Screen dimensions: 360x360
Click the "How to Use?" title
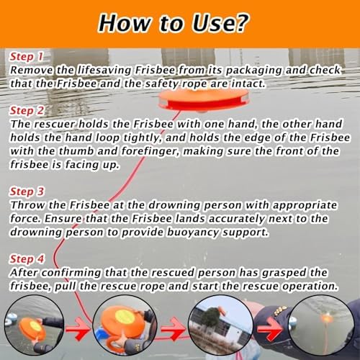(x=174, y=23)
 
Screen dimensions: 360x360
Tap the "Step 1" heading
(x=27, y=57)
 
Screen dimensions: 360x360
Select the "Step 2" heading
(x=27, y=111)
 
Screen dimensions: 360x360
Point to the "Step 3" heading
(x=27, y=192)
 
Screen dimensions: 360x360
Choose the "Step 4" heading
(x=27, y=259)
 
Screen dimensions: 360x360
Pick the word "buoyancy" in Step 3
(x=193, y=233)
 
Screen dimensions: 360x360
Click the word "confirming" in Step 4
(x=71, y=273)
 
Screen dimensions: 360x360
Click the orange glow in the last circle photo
(x=326, y=319)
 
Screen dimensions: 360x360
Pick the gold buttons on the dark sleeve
(x=280, y=311)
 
